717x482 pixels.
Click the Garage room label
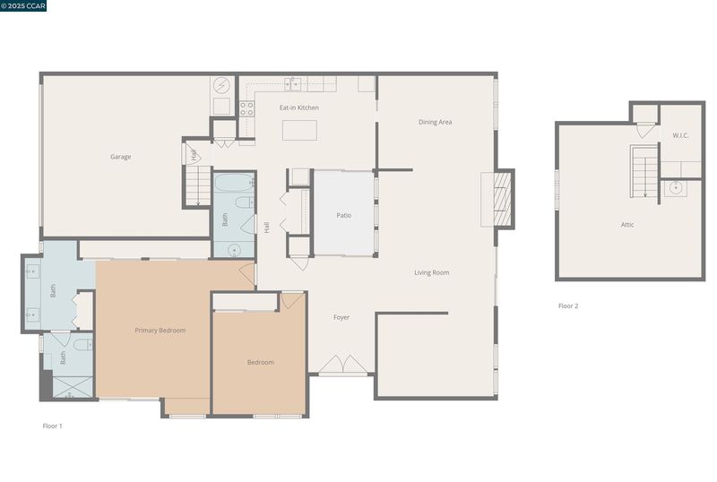click(x=121, y=157)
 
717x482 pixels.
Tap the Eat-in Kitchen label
click(x=299, y=108)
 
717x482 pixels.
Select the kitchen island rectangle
click(x=299, y=130)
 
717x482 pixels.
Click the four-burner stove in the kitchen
click(x=247, y=108)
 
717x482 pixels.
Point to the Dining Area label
click(x=436, y=122)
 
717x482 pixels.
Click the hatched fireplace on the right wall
click(x=502, y=199)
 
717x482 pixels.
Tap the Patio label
click(x=344, y=215)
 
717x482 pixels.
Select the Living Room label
click(x=432, y=272)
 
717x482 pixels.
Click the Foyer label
click(x=341, y=317)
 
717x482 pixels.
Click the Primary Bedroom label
click(x=160, y=331)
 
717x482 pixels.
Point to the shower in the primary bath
click(x=73, y=387)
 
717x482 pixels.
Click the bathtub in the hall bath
click(x=234, y=183)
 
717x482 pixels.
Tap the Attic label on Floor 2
click(x=627, y=225)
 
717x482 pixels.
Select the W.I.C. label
click(x=680, y=135)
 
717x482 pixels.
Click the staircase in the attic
click(x=644, y=171)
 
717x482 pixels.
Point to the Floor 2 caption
click(x=568, y=306)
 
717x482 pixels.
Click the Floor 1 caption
click(x=53, y=426)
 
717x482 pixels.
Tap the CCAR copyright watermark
click(x=23, y=5)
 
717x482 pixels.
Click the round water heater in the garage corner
click(x=221, y=85)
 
